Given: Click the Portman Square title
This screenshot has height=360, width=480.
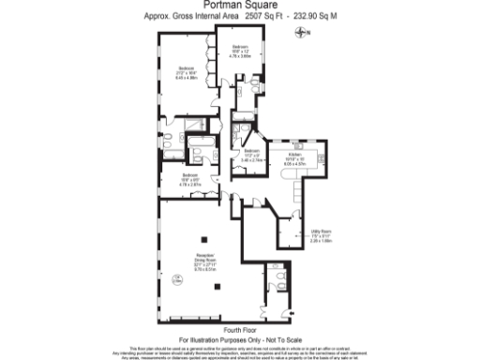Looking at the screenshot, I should coord(239,5).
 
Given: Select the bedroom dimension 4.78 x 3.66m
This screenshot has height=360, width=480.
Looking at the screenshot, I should coord(240,55).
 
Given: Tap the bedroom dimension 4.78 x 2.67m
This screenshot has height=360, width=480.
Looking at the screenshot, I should coord(190,184).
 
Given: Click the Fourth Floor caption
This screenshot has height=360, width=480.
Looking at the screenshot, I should coord(239,330).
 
